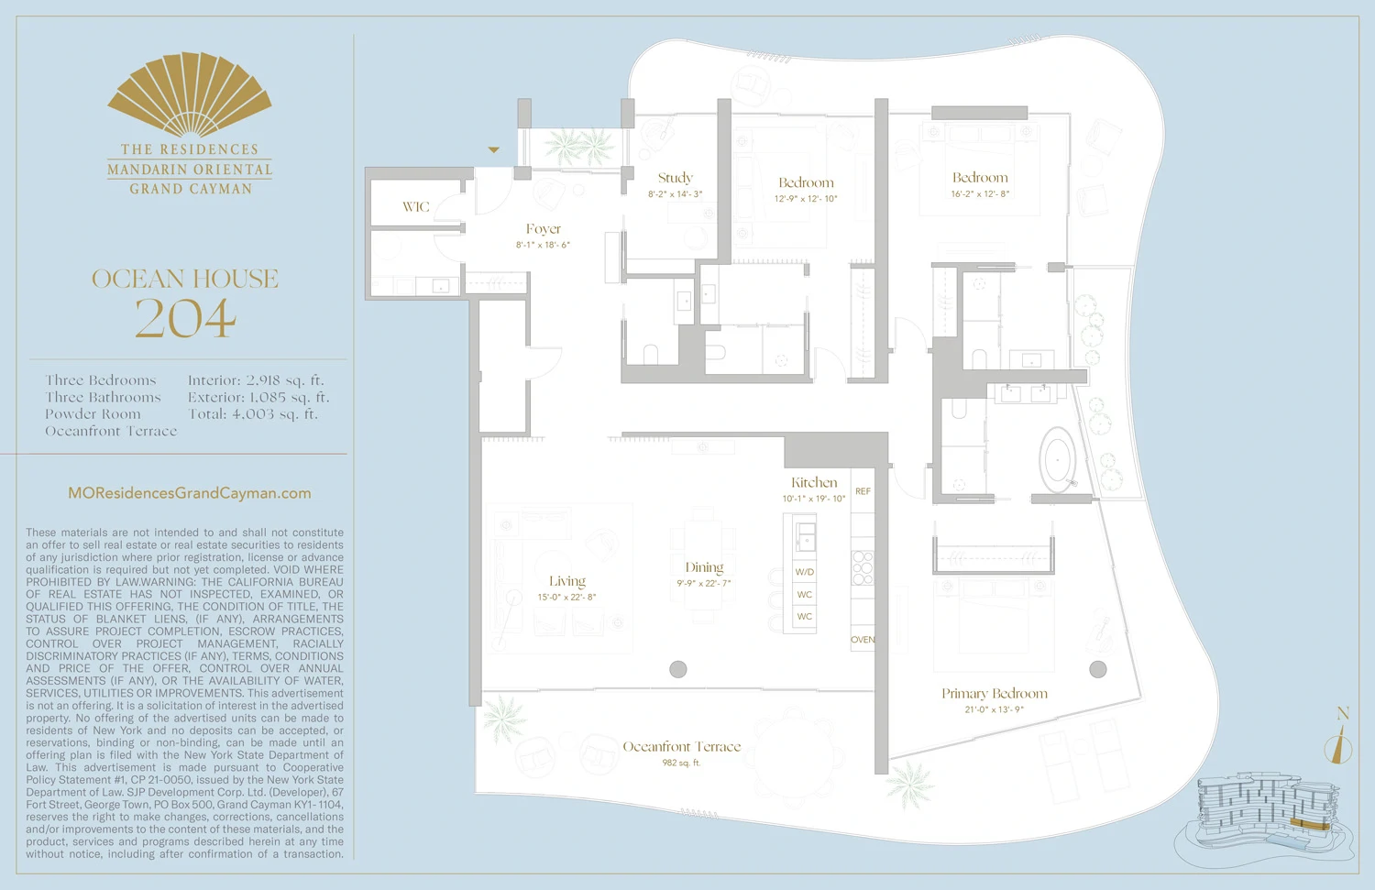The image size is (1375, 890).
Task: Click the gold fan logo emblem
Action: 190,94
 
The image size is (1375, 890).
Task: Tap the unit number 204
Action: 186,318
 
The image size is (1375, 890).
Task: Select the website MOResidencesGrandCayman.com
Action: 190,493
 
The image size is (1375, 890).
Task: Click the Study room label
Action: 676,178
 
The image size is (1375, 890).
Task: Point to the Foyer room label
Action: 544,229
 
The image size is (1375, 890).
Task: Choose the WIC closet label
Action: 416,207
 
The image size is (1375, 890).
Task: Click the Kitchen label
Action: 814,483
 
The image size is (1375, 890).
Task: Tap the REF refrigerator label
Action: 863,492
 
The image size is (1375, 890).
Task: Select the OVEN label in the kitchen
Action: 863,640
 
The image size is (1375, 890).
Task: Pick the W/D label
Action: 805,572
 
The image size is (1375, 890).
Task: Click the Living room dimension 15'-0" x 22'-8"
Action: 566,598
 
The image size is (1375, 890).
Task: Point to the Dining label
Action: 704,568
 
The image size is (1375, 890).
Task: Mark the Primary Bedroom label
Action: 995,694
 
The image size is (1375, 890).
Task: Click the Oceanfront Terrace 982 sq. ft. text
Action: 682,763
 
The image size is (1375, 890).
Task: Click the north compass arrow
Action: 1340,744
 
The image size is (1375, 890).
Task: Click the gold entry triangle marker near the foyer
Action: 494,149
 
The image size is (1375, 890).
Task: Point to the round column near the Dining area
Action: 678,669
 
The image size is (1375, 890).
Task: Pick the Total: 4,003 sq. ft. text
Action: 253,414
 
